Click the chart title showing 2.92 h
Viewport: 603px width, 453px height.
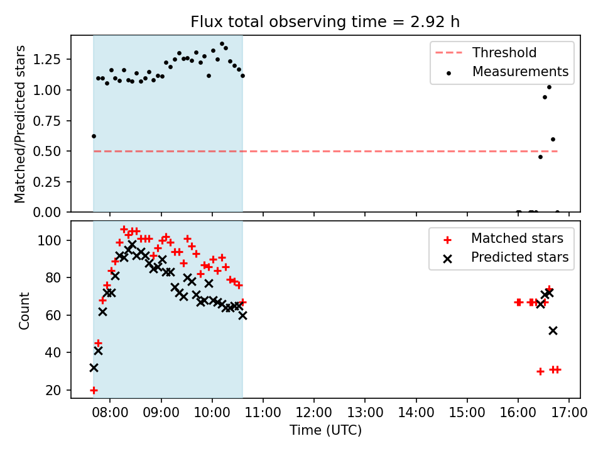pos(325,21)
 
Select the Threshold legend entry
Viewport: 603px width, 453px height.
pos(486,52)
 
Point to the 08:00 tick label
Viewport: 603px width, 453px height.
pos(110,413)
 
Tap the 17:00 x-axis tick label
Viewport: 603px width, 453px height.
pos(569,413)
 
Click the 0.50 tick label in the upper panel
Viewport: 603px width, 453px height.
pos(47,152)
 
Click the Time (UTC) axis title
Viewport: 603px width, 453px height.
pos(326,430)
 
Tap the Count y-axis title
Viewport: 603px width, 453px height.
pos(24,311)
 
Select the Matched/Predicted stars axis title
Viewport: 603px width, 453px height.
pos(20,124)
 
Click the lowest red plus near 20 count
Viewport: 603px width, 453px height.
pos(94,390)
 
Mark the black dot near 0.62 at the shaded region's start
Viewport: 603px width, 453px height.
pos(94,136)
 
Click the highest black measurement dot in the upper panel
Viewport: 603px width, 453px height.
pos(222,44)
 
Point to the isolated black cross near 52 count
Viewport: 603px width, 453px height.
pos(553,330)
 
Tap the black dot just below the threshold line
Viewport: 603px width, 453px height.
pos(540,157)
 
